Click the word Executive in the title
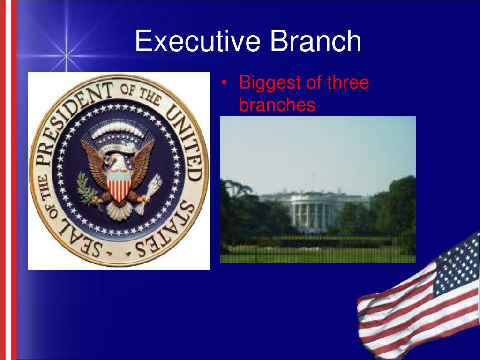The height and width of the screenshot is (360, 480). (197, 41)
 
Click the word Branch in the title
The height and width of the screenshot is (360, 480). (315, 41)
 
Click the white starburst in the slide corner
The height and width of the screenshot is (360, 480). (66, 56)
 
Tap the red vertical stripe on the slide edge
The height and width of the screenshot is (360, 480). (14, 187)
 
